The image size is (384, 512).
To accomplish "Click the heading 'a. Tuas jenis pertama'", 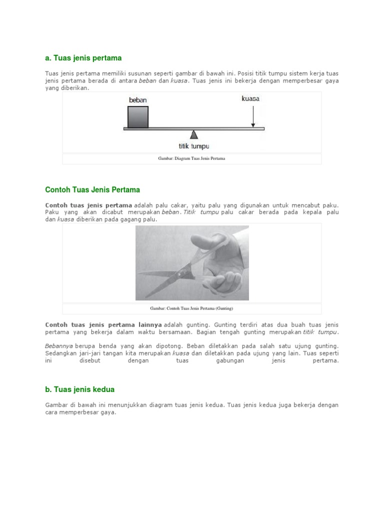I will tap(83, 58).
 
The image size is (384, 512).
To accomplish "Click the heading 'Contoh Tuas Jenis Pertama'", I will tap(92, 190).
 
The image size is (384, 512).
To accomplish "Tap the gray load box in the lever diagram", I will tap(137, 117).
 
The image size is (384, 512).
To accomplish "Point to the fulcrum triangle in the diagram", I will tap(194, 134).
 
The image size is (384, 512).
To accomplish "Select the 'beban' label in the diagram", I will tap(137, 100).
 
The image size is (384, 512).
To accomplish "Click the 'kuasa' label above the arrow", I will tap(250, 99).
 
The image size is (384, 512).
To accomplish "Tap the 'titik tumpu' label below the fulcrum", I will tap(193, 146).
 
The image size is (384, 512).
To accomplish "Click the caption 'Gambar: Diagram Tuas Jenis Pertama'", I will tap(191, 159).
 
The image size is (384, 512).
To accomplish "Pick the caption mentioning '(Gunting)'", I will tap(191, 308).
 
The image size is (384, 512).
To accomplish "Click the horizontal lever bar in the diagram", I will tap(220, 128).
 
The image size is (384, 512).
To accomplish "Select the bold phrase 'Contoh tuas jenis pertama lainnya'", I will tap(103, 325).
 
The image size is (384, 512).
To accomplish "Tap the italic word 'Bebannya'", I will tap(59, 346).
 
